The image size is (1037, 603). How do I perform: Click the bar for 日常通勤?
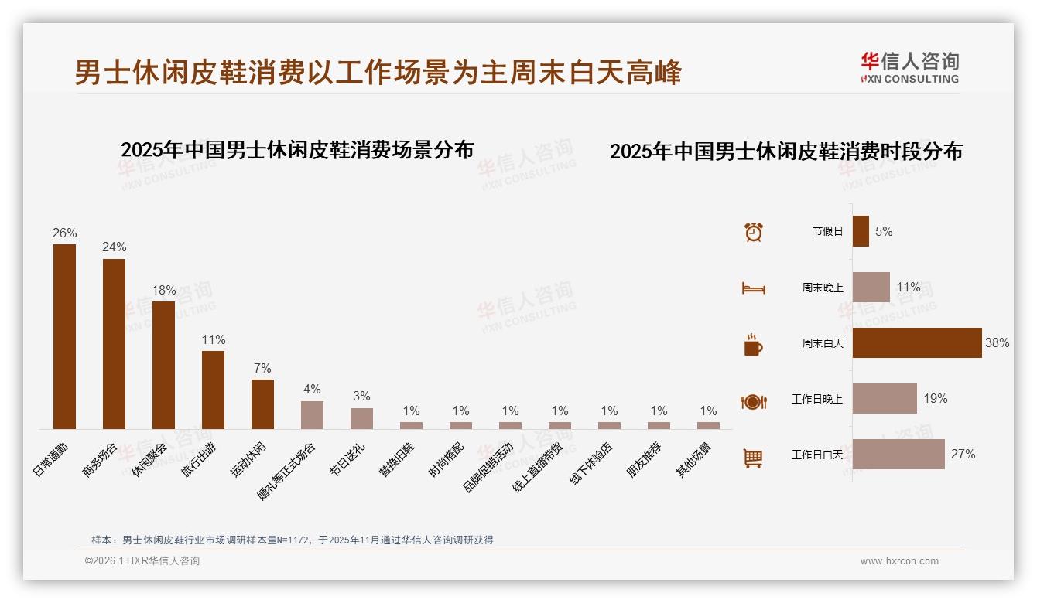point(64,336)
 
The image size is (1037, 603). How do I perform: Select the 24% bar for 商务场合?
point(114,344)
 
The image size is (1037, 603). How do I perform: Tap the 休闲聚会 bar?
point(163,365)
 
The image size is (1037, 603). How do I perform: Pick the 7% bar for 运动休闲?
point(262,404)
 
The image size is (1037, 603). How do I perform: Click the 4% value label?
point(312,390)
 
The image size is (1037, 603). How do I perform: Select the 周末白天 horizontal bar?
point(917,342)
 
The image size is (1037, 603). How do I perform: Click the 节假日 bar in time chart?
point(861,231)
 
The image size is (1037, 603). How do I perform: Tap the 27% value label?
point(963,455)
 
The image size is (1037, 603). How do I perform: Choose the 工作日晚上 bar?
point(885,399)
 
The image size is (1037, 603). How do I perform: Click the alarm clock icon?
point(753,231)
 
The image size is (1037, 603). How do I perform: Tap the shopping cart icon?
point(753,458)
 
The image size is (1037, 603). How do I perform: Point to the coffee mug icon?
point(753,345)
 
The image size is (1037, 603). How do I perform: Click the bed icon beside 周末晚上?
point(753,288)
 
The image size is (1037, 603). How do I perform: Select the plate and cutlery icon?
point(753,401)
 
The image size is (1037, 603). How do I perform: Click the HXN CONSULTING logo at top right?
point(909,68)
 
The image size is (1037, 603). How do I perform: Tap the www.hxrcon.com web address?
point(899,561)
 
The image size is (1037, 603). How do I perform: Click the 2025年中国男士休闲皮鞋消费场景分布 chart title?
point(297,149)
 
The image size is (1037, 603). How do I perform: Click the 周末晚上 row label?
point(823,288)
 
